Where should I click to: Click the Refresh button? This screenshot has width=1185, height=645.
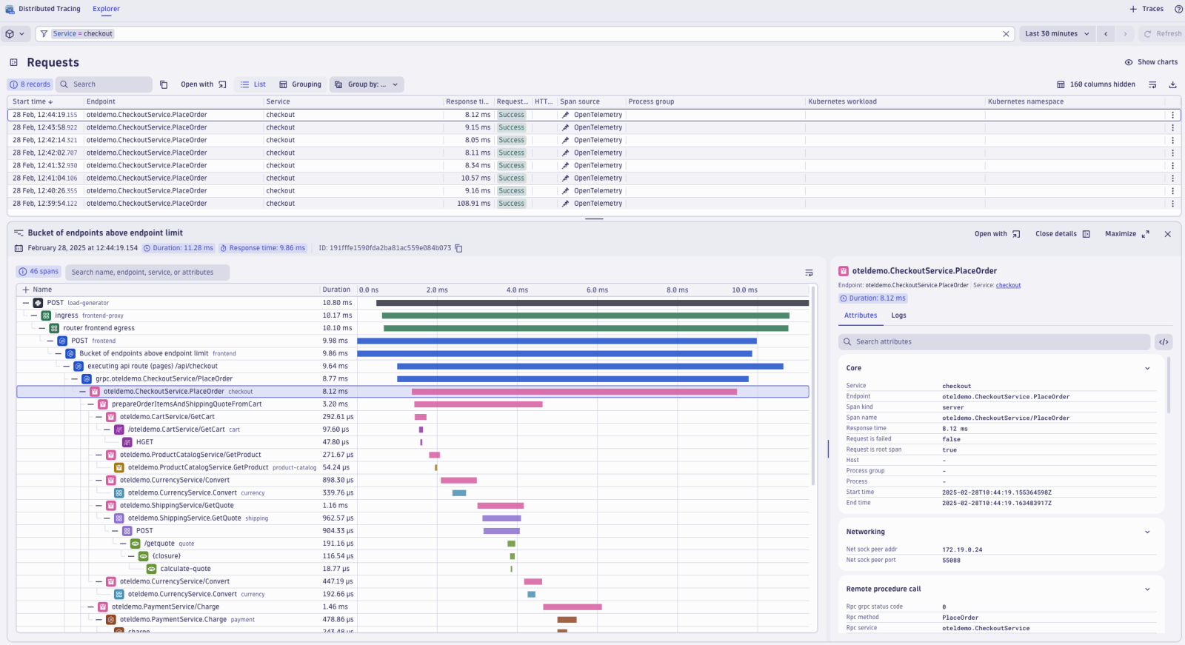1163,34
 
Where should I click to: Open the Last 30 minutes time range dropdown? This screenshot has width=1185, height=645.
1056,34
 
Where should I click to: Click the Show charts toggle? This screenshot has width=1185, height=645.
1151,62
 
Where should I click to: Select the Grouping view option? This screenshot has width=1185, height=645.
300,84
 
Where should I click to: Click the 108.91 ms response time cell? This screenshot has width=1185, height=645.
473,204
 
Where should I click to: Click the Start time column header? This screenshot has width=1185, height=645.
32,101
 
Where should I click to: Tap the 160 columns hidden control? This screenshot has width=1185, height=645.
1095,84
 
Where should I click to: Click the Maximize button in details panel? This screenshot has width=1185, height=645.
1126,234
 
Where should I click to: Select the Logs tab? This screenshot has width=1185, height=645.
898,315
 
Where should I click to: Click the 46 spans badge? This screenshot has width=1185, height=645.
39,272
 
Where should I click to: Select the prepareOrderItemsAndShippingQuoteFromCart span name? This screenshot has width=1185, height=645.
187,404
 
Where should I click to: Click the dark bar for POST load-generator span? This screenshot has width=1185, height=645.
592,303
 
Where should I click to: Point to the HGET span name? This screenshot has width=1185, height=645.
144,442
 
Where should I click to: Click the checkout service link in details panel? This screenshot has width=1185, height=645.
1008,285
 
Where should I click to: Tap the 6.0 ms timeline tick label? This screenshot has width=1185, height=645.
597,290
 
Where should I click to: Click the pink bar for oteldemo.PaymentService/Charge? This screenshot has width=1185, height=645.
572,607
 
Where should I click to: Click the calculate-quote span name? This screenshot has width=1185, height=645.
185,569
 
